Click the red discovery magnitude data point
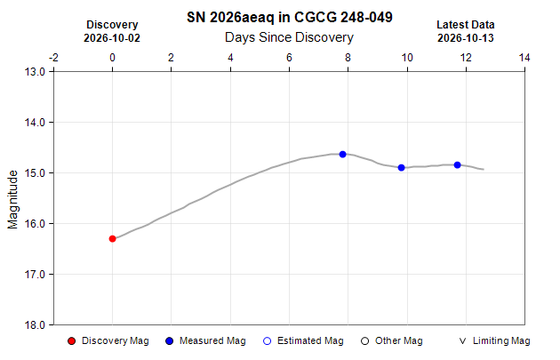point(113,238)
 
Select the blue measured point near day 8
point(343,155)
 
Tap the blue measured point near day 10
point(402,167)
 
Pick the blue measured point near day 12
point(458,165)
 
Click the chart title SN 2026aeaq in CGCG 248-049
point(290,17)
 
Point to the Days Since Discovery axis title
point(289,37)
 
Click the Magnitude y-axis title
point(12,199)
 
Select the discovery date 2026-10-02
point(112,38)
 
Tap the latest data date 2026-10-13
point(466,38)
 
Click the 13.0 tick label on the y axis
point(35,72)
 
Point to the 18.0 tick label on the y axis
point(35,325)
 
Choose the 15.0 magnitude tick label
point(35,172)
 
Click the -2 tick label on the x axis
point(53,58)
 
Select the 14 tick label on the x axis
point(524,58)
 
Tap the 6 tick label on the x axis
point(289,58)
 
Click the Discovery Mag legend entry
point(108,341)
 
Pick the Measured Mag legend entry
point(205,341)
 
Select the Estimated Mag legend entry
point(303,341)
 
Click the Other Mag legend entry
point(392,341)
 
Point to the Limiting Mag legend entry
point(494,341)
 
